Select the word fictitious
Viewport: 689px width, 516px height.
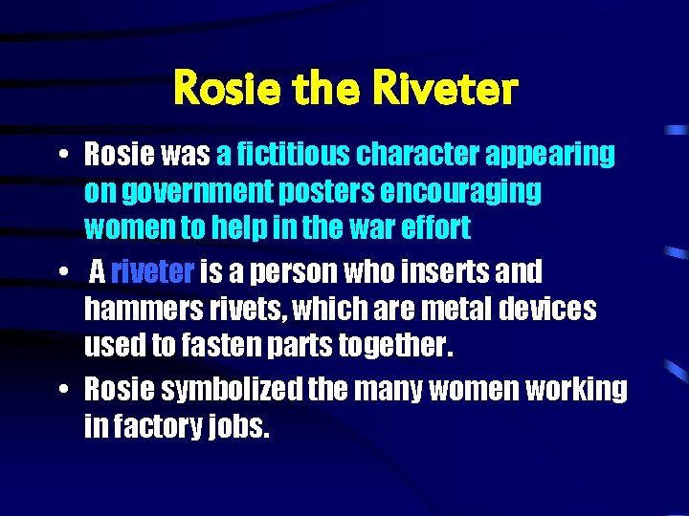(293, 153)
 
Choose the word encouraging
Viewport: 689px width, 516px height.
(461, 192)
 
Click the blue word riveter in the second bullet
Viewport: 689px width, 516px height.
(153, 272)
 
